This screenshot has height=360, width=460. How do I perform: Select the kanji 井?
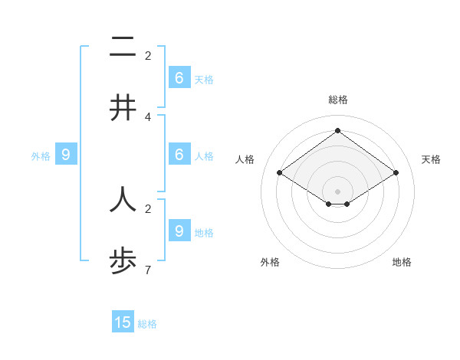(x=123, y=107)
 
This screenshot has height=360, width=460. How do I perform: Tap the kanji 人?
(x=123, y=199)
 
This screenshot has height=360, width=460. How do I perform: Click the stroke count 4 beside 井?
(x=148, y=117)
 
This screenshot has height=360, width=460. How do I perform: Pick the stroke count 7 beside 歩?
(x=148, y=270)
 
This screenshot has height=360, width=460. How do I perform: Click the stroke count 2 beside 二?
(x=148, y=55)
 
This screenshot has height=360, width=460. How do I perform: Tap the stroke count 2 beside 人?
(x=148, y=208)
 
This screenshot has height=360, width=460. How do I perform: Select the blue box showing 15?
(x=123, y=322)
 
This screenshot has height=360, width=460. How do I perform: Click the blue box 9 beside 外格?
(x=66, y=155)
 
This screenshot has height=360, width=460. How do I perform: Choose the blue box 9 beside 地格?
(x=179, y=231)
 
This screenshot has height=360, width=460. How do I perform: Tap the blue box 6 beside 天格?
(x=179, y=77)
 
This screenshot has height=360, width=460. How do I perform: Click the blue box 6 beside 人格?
(x=179, y=155)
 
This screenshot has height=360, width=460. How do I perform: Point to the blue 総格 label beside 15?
(x=147, y=324)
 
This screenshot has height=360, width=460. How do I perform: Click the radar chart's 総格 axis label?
(x=337, y=100)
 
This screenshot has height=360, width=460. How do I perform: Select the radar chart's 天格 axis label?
(x=431, y=159)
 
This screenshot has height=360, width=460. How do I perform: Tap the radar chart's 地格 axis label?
(x=402, y=262)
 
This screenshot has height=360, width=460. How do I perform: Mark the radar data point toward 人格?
(x=279, y=173)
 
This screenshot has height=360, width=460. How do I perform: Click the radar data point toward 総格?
(x=337, y=130)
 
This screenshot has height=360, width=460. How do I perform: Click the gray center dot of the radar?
(x=337, y=191)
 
